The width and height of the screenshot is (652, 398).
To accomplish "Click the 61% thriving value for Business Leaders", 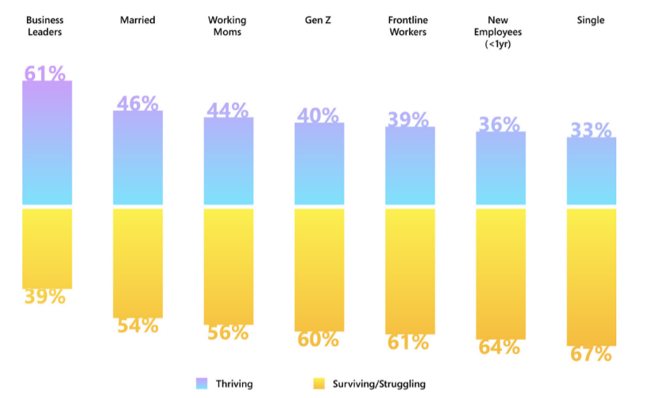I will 45,74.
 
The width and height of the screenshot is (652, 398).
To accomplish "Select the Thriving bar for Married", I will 137,159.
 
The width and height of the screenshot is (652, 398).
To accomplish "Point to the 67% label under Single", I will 592,354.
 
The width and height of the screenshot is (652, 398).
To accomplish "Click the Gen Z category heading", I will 319,20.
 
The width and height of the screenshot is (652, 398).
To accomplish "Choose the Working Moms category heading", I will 228,25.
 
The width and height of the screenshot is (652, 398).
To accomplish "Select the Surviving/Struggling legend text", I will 380,384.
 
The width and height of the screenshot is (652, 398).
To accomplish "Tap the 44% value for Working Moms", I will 228,110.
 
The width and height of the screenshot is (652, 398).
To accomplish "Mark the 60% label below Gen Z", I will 319,339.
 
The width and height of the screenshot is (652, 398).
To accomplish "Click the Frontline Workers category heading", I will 410,25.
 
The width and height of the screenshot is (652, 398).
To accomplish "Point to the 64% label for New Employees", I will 500,347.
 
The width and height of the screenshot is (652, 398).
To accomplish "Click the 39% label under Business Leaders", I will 44,296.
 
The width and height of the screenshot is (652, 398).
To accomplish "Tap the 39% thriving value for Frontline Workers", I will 410,119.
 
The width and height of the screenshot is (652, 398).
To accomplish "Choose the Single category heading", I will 591,20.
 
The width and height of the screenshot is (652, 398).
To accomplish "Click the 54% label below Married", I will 137,325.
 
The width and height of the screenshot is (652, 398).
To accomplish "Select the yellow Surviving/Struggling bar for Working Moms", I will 228,266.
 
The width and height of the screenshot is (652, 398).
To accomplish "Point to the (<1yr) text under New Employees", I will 500,44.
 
